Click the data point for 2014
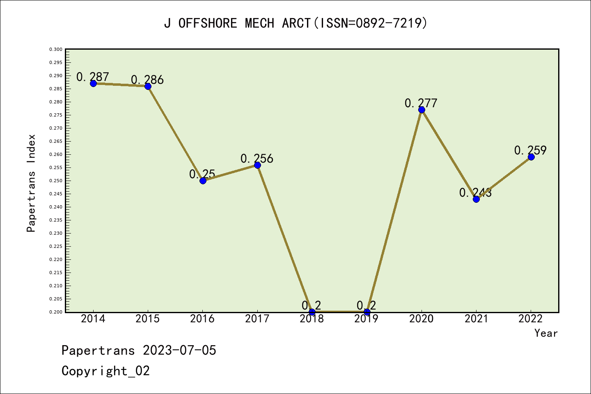(x=93, y=83)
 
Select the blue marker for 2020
(x=421, y=110)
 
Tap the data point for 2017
(x=257, y=165)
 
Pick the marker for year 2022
(x=531, y=157)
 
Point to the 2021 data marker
(x=476, y=199)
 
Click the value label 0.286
(x=147, y=80)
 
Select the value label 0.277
(x=421, y=103)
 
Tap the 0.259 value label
(x=530, y=150)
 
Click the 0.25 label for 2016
(x=202, y=174)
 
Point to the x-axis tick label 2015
(x=148, y=319)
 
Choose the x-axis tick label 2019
(x=367, y=319)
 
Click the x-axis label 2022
(x=531, y=319)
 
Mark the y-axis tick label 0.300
(x=56, y=49)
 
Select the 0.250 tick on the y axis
(x=56, y=181)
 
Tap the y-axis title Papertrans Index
(x=31, y=183)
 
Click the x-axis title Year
(x=546, y=333)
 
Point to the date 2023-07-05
(x=179, y=350)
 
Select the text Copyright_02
(x=105, y=371)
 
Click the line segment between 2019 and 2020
(x=394, y=211)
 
